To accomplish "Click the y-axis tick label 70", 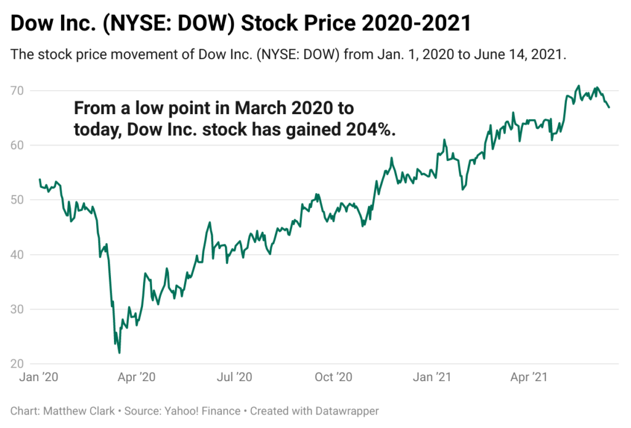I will [x=18, y=91].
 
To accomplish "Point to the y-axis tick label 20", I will [x=18, y=363].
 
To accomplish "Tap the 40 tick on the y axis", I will [x=18, y=254].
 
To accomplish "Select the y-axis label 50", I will [x=18, y=200].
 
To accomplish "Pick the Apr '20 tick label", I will [x=136, y=377].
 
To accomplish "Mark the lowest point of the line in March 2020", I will [x=119, y=353].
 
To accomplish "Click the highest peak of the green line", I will [x=579, y=86].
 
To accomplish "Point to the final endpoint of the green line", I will [x=609, y=107].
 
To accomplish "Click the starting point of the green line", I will [x=39, y=179].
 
